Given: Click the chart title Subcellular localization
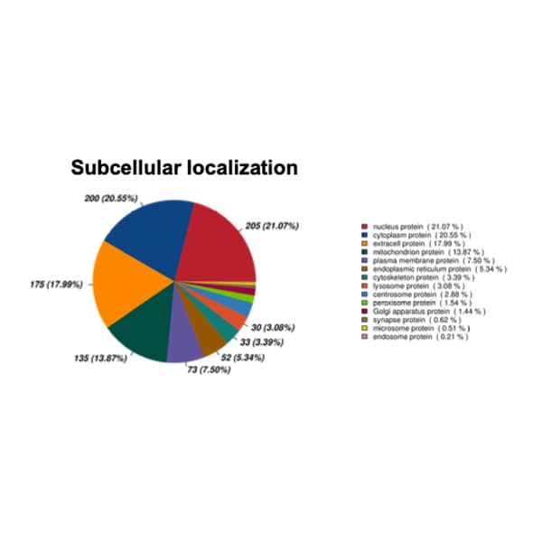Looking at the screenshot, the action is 184,168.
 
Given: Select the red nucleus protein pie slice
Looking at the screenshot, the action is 218,249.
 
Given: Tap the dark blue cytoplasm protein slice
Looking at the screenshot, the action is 152,235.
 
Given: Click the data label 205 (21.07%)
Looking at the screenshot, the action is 272,226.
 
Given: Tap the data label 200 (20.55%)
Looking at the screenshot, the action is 111,199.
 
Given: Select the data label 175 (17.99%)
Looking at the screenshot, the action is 57,285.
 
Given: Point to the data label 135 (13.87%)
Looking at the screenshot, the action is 100,358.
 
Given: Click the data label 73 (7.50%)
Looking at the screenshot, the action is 210,369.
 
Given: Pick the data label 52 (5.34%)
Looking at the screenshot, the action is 243,358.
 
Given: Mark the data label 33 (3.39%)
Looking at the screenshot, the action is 262,342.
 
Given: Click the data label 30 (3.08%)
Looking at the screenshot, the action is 273,327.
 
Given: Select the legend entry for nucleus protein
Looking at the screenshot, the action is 413,227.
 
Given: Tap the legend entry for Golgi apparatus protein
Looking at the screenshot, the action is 424,312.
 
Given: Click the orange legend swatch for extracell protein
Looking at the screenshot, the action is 364,244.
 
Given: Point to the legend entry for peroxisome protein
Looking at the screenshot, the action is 416,303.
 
